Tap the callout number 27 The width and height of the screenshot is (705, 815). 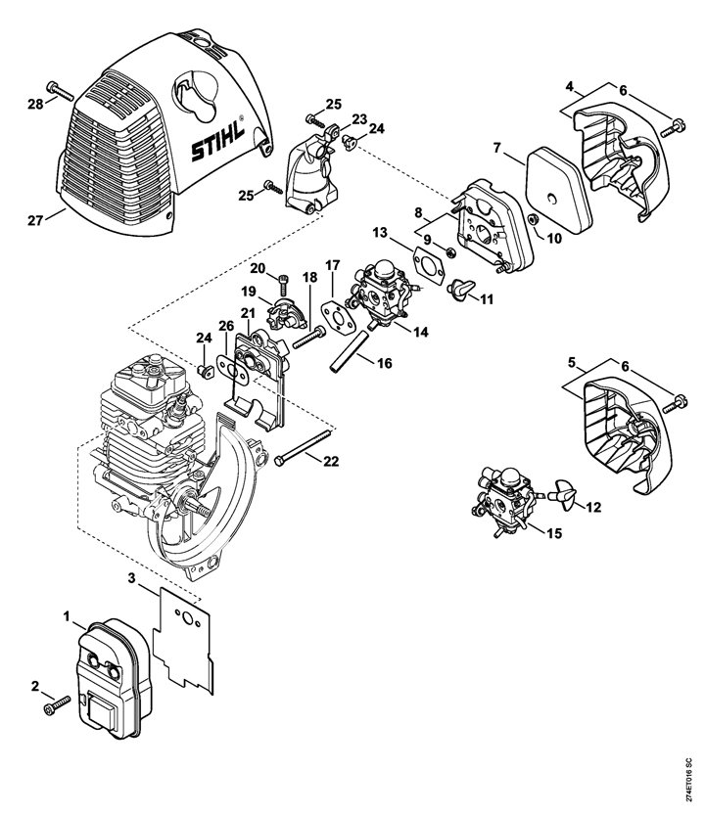[x=35, y=221]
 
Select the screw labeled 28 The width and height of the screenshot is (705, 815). [x=61, y=92]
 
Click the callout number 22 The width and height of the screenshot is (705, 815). [x=331, y=461]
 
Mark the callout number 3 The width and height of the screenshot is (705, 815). [x=131, y=578]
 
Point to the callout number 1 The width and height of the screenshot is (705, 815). [x=67, y=616]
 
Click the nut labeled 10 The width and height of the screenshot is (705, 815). [x=533, y=219]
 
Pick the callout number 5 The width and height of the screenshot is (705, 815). [x=573, y=362]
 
